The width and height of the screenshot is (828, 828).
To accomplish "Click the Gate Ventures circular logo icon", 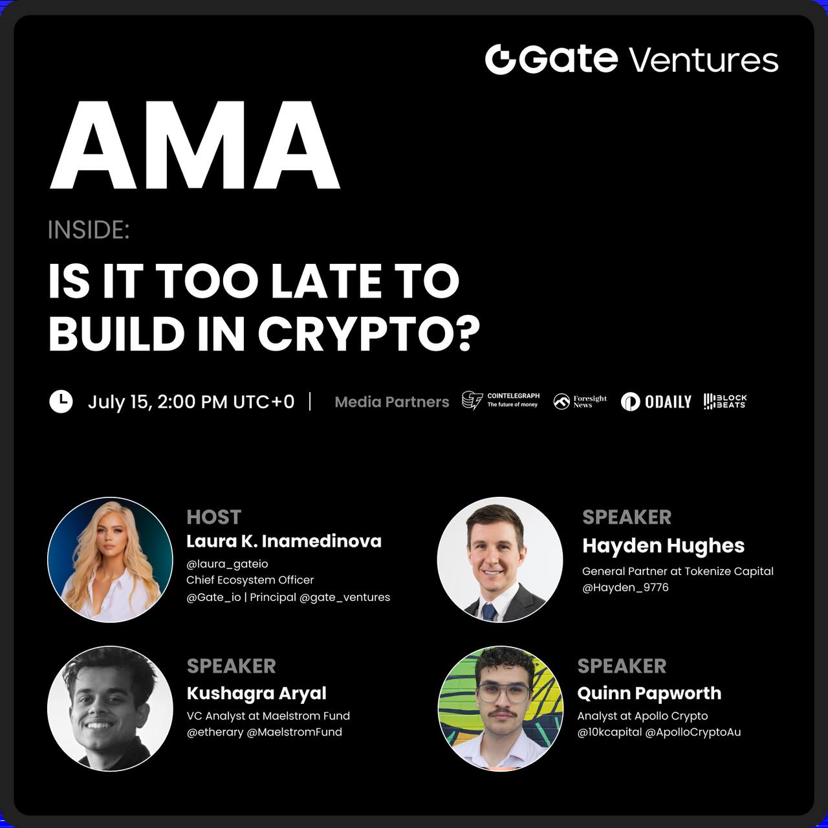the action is point(500,60).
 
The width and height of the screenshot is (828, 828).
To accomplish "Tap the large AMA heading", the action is point(195,146).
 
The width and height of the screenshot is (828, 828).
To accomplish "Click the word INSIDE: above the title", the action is point(89,230).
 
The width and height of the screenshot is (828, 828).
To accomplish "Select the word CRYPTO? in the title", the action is point(368,334).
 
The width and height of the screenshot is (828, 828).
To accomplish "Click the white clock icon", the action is point(61,402).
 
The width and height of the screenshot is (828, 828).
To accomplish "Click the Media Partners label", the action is point(391,402).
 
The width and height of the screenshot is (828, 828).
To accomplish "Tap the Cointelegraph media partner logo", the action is point(501,400).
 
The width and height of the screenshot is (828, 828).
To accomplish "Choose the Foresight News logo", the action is point(580,401).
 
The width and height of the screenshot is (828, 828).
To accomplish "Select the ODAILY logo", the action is point(656,402).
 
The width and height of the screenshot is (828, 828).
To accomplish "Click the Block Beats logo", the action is point(725,401).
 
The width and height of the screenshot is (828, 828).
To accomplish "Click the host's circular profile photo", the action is point(110,560).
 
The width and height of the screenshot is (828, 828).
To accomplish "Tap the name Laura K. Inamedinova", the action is point(283,541).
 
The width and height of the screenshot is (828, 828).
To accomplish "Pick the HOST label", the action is point(213,517).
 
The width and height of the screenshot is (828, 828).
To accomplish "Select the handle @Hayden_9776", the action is point(625,587).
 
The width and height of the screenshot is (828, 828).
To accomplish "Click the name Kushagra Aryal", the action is point(257,693).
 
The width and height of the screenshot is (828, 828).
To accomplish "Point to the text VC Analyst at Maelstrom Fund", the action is point(268,716).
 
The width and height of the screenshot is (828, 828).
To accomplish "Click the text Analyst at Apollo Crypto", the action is point(642,716).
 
